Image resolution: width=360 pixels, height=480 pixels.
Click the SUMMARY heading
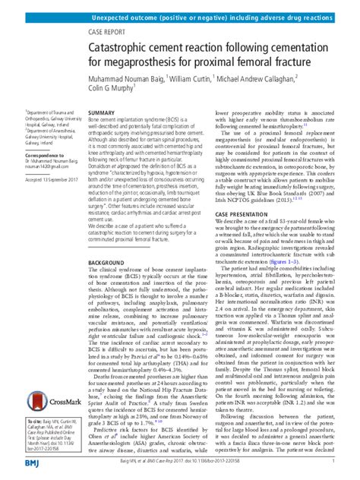tap(102, 112)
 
